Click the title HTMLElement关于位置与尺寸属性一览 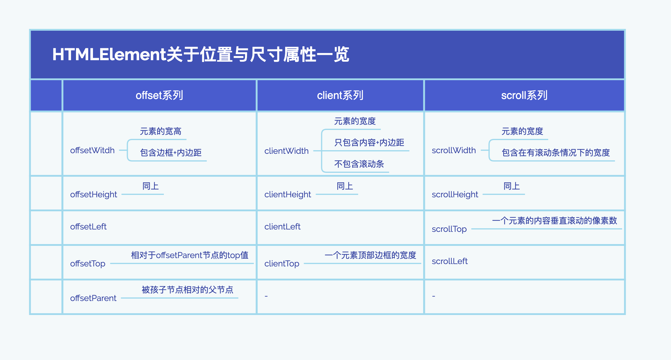[201, 54]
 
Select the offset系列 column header [159, 95]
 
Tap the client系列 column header [340, 95]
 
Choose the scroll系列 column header [524, 95]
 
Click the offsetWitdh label [92, 150]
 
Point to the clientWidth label [287, 151]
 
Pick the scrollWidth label [454, 150]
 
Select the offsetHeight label [94, 195]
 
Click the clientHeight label [288, 195]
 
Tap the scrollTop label [449, 229]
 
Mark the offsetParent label [93, 298]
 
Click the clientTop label [282, 264]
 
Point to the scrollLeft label [450, 261]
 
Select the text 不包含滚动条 [359, 164]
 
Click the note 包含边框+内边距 [171, 153]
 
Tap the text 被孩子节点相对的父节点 [187, 290]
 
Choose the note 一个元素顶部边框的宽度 [370, 255]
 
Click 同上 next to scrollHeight [512, 186]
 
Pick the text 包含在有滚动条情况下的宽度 [556, 153]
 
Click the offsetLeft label [88, 226]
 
